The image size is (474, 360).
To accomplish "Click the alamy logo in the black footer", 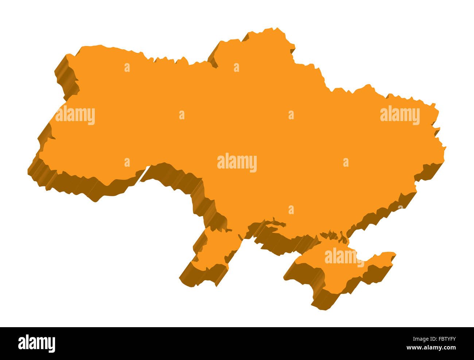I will [36, 344].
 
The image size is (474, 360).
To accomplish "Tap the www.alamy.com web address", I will [431, 348].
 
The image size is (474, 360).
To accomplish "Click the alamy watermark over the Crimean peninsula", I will [344, 257].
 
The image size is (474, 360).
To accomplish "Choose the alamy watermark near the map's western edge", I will [75, 115].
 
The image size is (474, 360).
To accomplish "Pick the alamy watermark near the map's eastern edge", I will [400, 115].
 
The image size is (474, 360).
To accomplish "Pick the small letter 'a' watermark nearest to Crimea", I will [291, 210].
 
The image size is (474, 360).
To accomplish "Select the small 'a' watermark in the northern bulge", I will [236, 67].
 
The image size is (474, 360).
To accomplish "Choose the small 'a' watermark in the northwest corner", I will [127, 67].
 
